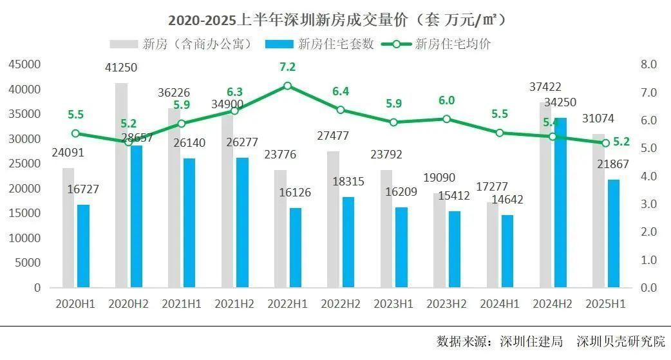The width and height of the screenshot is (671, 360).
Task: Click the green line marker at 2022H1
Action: coord(288,86)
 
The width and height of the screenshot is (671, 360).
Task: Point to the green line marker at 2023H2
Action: coord(446,119)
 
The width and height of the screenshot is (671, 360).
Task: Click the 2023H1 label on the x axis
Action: coord(393,303)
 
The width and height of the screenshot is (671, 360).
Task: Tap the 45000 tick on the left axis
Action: coord(25,64)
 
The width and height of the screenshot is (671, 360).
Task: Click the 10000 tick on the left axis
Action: coord(25,238)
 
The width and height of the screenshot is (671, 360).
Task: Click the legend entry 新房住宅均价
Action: coord(444,44)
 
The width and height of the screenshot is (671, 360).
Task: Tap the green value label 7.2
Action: coord(287,67)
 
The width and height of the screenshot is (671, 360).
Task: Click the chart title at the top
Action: coord(335,20)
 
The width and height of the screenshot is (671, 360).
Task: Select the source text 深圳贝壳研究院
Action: coord(621,341)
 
